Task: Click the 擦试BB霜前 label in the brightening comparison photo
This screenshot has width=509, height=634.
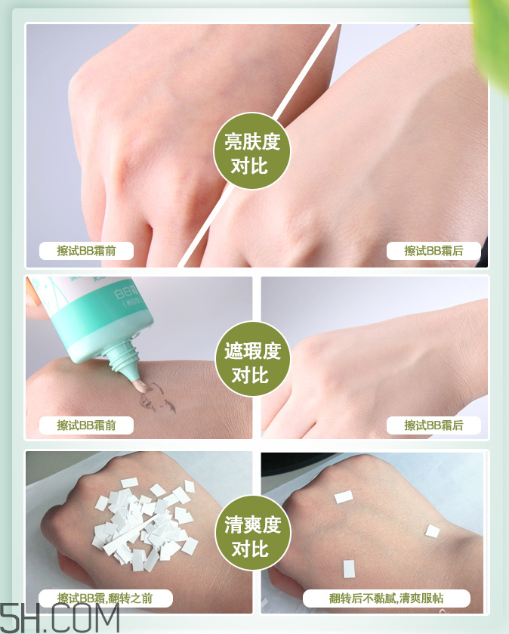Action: [86, 251]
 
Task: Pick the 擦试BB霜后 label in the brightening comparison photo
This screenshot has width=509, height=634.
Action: [433, 251]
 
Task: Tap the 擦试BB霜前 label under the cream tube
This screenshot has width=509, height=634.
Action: [86, 425]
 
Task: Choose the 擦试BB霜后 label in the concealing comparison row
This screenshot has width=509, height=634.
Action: [433, 425]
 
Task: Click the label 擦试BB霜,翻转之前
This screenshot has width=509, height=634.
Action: [105, 598]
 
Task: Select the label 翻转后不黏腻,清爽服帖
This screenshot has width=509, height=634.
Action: [387, 598]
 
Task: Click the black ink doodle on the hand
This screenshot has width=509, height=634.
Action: [159, 397]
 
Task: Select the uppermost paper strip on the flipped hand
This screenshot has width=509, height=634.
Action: [344, 496]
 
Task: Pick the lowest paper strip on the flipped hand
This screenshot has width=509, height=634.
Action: [350, 568]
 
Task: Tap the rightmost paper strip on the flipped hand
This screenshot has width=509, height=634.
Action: [432, 531]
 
